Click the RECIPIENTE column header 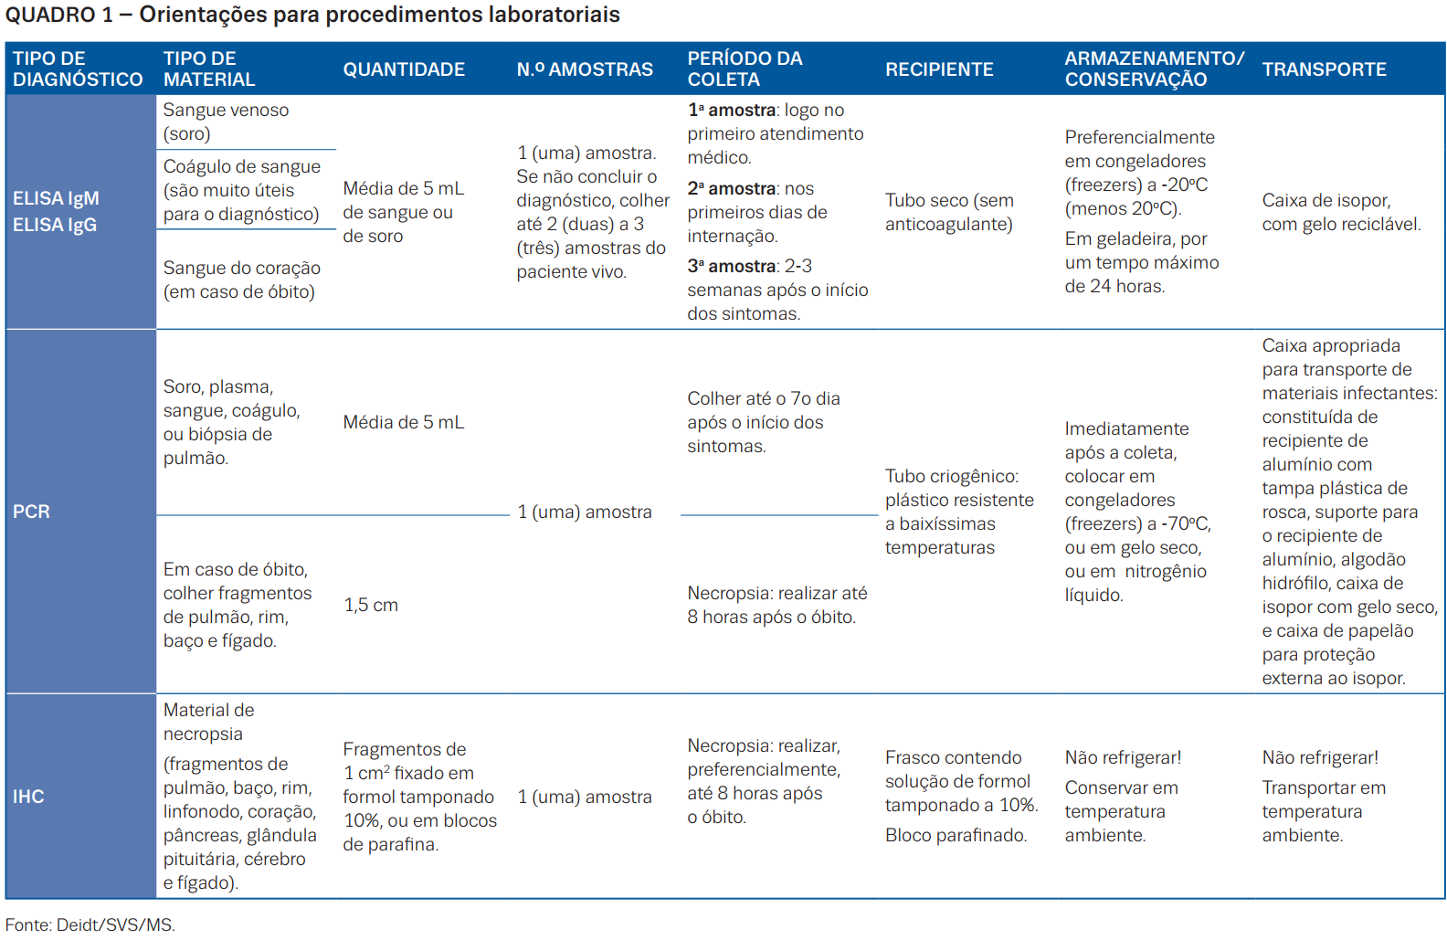coord(938,69)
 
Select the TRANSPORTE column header coord(1324,69)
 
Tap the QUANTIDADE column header coord(404,69)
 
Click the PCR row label coord(31,512)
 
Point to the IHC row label coord(28,797)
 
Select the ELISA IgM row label coord(57,198)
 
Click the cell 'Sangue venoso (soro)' coord(227,121)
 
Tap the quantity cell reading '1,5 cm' coord(371,605)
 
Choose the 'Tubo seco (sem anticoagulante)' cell coord(949,212)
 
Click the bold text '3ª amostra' coord(731,266)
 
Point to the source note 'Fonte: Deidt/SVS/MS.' coord(90,924)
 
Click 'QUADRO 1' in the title coord(58,15)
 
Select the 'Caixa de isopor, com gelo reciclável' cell coord(1341,212)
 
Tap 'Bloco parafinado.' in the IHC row coord(956,835)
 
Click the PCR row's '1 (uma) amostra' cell coord(584,512)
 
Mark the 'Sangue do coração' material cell coord(241,280)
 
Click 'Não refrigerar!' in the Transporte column coord(1320,757)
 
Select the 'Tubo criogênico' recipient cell coord(959,512)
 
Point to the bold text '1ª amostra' coord(731,111)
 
